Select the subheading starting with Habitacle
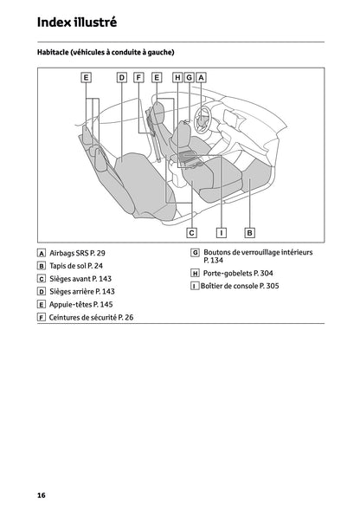pyautogui.click(x=106, y=53)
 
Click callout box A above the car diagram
pyautogui.click(x=201, y=77)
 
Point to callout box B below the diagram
pyautogui.click(x=249, y=232)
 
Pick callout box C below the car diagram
pyautogui.click(x=191, y=232)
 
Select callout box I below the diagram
pyautogui.click(x=221, y=232)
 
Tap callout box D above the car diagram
pyautogui.click(x=121, y=77)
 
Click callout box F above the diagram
pyautogui.click(x=138, y=77)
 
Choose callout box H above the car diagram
pyautogui.click(x=177, y=77)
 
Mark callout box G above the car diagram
pyautogui.click(x=189, y=77)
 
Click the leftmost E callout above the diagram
pyautogui.click(x=87, y=77)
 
